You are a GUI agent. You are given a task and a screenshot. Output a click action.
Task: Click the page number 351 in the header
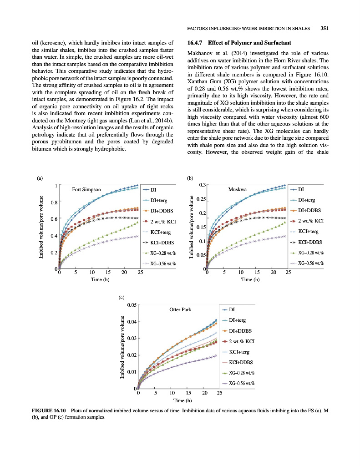[x=325, y=28]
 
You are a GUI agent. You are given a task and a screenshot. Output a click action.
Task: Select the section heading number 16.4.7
[x=196, y=43]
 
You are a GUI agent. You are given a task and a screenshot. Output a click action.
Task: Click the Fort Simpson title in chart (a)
[x=86, y=189]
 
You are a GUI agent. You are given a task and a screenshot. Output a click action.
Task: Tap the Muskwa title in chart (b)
[x=237, y=189]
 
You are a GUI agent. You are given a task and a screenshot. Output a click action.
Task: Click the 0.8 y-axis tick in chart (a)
[x=53, y=202]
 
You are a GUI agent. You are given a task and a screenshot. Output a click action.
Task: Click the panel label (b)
[x=190, y=179]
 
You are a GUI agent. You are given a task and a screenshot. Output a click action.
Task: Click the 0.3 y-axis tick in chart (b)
[x=201, y=184]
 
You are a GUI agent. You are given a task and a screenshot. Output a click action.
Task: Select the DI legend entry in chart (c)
[x=231, y=310]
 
